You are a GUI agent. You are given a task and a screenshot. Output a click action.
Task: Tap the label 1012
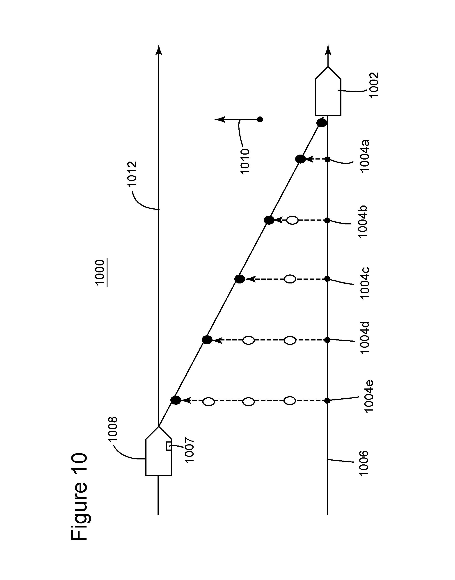coord(132,174)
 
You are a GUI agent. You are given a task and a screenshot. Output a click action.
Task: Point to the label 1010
coord(245,161)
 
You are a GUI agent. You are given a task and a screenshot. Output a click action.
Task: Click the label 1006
coord(363,463)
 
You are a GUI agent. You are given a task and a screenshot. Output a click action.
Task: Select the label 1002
coord(374,85)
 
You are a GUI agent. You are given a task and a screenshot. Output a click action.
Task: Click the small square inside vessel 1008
coord(169,446)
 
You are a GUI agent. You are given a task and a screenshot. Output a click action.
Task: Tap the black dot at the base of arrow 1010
coord(260,120)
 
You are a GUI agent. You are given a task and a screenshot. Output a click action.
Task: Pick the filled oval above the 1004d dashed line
coord(207,340)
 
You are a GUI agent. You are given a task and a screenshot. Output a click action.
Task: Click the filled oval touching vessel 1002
coord(322,123)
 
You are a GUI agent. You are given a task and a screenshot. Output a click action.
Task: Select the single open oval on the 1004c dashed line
coord(290,279)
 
